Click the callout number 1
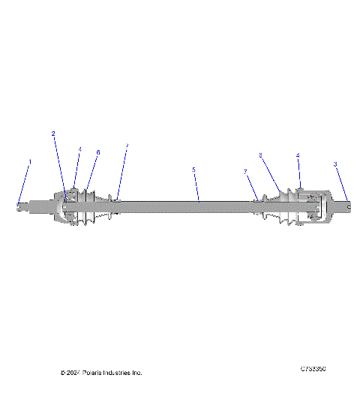coord(30,161)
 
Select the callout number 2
coord(53,133)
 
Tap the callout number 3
coord(335,163)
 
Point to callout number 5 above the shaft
coord(193,169)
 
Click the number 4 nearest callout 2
coord(80,149)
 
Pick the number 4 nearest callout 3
coord(298,155)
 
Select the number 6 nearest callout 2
coord(97,152)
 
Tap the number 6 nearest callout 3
coord(260,155)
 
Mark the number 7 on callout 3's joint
coord(245,172)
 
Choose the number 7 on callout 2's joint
coord(127,145)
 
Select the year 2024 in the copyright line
coord(73,373)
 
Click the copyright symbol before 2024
coord(62,373)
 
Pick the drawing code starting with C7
coord(312,369)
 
